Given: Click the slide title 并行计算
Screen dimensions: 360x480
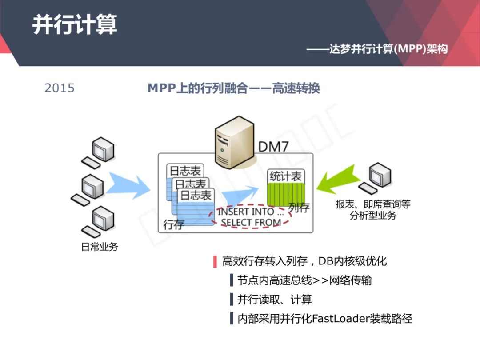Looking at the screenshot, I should click(75, 24).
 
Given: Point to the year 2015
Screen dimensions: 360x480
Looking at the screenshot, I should click(60, 88).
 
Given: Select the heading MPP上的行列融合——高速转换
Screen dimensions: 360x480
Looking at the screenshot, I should click(234, 88).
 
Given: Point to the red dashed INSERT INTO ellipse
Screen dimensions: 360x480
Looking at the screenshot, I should click(250, 216).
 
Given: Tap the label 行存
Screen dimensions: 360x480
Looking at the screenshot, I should click(173, 224).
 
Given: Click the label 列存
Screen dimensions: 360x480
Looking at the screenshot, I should click(298, 207).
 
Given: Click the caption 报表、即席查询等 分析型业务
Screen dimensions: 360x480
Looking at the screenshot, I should click(373, 210).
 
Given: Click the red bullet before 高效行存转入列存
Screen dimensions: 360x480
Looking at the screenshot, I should click(215, 261).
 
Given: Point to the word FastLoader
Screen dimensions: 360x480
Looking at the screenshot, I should click(341, 319).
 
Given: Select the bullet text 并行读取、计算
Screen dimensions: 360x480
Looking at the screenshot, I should click(274, 300).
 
